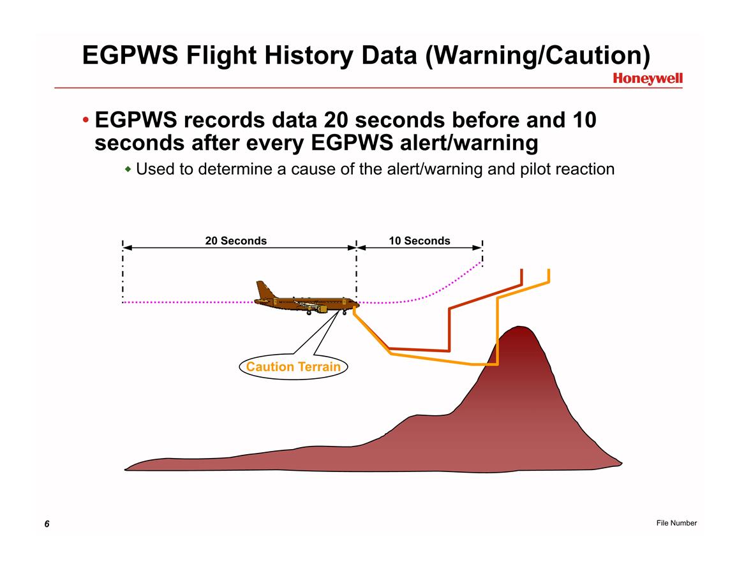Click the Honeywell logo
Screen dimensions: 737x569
tap(647, 78)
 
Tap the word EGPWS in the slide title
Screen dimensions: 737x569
tap(130, 55)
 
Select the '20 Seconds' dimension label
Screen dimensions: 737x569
tap(236, 240)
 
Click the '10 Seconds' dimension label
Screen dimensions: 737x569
tap(419, 240)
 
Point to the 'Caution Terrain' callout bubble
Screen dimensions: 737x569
tap(294, 367)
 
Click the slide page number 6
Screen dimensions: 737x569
tap(47, 524)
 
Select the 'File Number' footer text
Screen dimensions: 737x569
tap(676, 523)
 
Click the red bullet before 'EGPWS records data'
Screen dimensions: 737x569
tap(85, 120)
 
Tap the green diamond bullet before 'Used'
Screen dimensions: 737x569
tap(128, 168)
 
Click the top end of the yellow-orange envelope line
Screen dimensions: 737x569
tap(549, 270)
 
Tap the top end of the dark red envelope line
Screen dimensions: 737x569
tap(522, 270)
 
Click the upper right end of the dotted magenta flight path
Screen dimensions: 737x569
tap(481, 263)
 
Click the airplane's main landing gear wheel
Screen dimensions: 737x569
tap(309, 313)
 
